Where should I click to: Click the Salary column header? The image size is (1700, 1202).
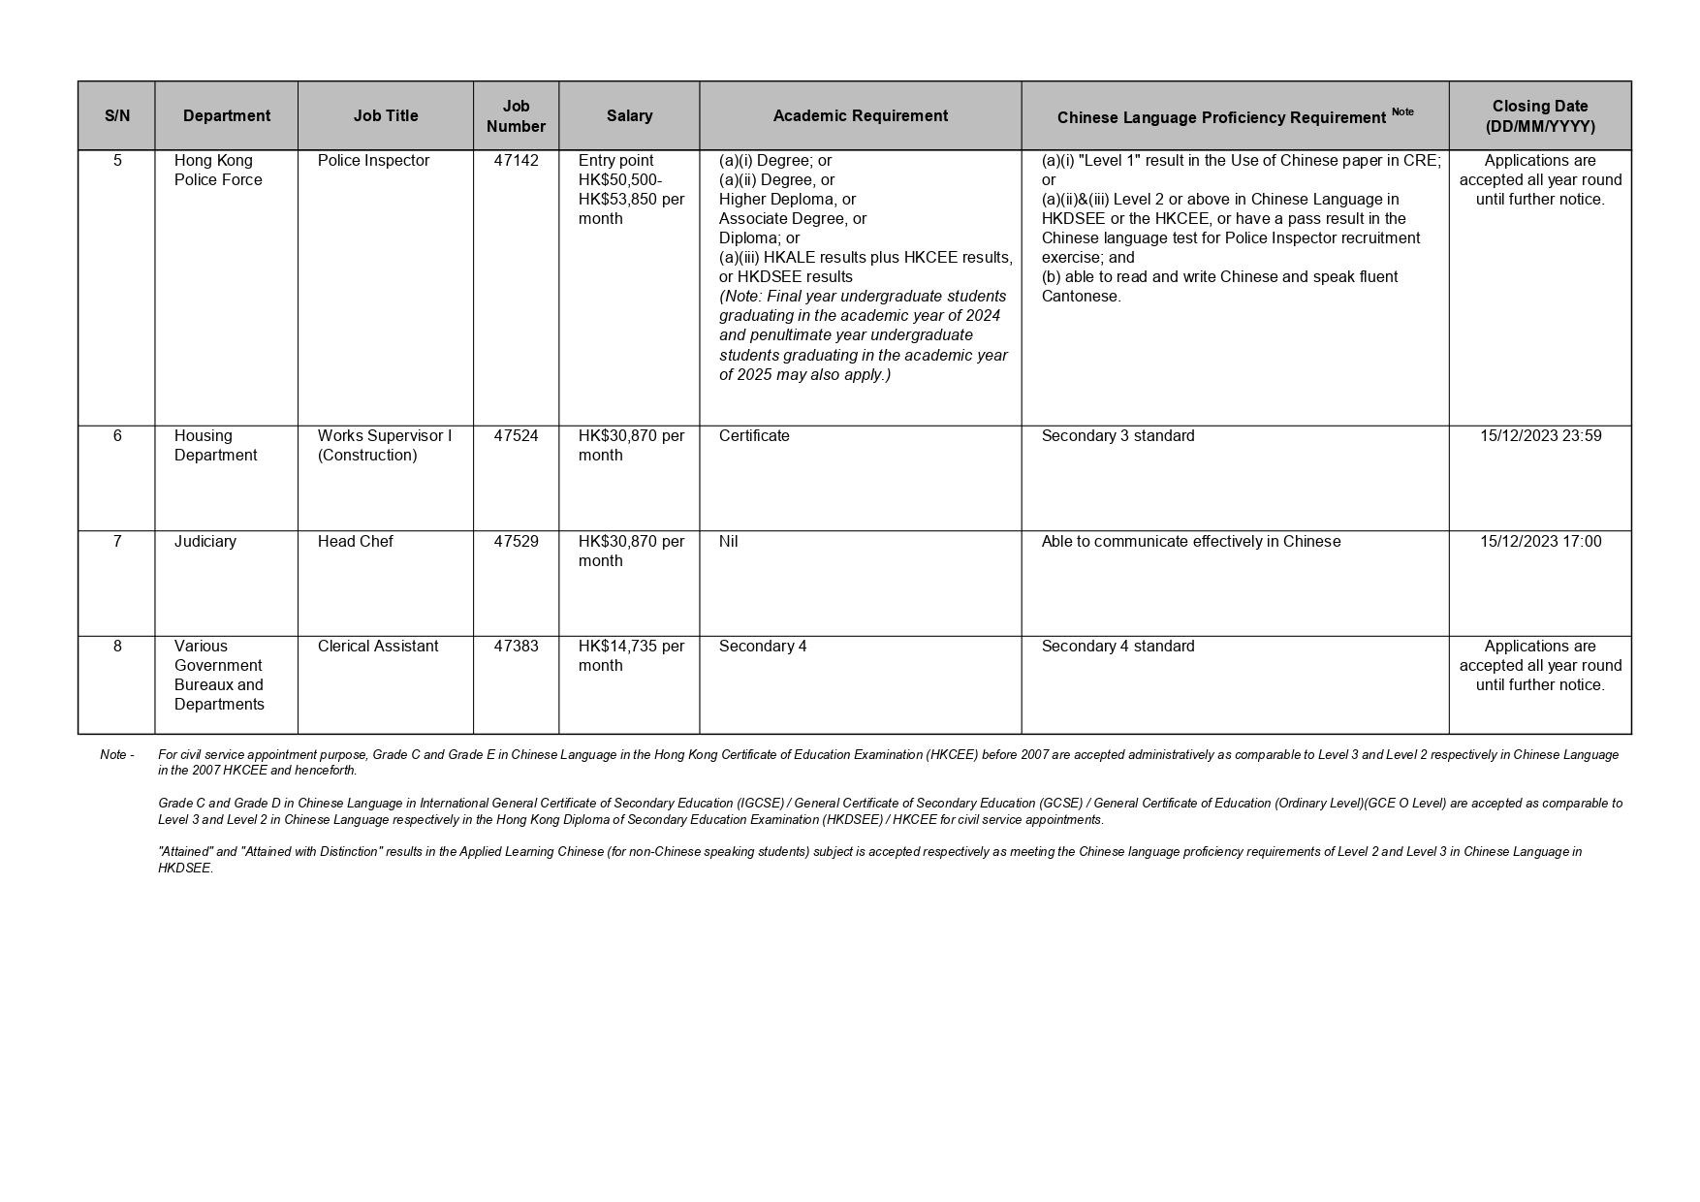point(629,115)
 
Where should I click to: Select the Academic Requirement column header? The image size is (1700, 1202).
point(860,115)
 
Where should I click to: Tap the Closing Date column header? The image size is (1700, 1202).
point(1539,115)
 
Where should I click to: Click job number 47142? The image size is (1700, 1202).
point(516,161)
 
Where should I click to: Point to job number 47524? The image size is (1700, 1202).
point(516,436)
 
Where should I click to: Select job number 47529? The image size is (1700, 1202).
point(516,542)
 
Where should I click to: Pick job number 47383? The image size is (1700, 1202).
point(516,647)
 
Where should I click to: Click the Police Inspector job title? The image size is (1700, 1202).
point(373,161)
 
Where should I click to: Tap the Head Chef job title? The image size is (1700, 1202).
point(355,542)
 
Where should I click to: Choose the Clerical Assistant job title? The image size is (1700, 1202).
point(378,647)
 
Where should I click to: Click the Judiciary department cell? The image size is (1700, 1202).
point(205,542)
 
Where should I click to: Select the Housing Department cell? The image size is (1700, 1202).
point(215,446)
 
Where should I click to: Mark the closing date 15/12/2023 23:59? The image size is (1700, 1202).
point(1540,436)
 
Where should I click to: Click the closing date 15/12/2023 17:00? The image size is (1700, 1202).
point(1540,542)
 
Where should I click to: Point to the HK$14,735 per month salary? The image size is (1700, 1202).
point(631,656)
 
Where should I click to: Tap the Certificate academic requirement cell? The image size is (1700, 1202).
point(754,436)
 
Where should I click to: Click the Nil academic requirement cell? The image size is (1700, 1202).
point(729,542)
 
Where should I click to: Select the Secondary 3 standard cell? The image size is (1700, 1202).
point(1118,436)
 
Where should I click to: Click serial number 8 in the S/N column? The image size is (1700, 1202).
point(117,647)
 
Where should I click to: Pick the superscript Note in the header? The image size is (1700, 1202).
point(1402,111)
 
